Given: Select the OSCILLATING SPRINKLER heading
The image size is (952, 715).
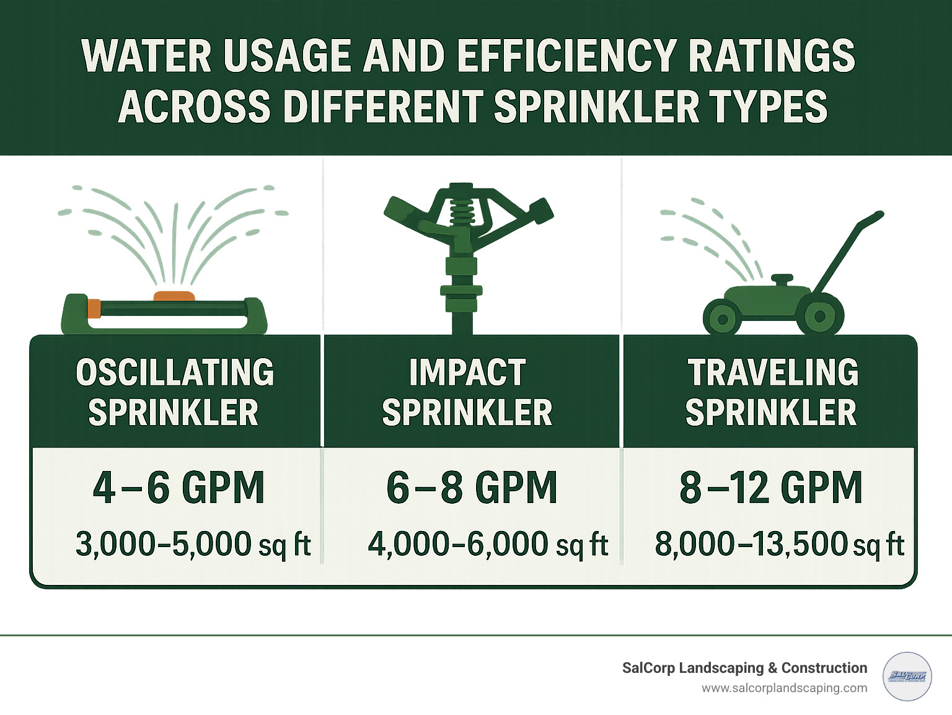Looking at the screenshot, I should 174,392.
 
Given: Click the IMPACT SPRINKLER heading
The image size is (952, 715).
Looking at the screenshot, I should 467,392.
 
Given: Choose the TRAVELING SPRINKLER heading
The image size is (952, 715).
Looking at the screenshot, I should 772,392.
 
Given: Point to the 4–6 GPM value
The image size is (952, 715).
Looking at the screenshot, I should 178,488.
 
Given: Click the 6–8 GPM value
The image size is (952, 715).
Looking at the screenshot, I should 471,488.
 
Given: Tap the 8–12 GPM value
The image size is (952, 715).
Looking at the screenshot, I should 771,488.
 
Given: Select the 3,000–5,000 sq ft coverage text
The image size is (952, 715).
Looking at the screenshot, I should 193,544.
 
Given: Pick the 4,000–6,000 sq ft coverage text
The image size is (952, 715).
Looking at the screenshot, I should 488,544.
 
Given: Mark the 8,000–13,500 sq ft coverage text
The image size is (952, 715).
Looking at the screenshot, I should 779,544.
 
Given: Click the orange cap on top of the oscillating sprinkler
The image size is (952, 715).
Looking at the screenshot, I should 174,296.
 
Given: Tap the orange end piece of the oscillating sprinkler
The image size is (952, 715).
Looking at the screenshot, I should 94,308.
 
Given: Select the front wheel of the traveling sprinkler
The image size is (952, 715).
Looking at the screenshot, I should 722,320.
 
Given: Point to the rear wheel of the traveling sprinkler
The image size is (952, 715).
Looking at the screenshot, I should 819,316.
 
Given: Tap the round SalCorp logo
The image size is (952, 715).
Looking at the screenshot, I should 907,676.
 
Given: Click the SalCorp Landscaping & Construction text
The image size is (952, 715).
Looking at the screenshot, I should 744,668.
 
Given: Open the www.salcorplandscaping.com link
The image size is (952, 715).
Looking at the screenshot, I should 784,688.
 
